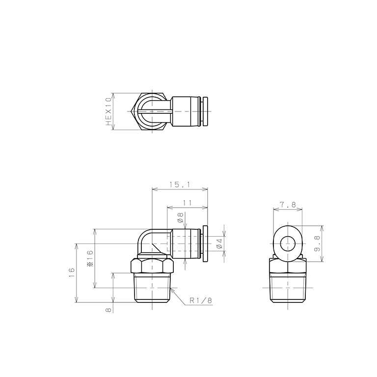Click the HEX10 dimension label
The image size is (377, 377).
[x=109, y=111]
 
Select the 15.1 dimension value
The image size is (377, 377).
[x=180, y=185]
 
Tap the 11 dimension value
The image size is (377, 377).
[x=188, y=203]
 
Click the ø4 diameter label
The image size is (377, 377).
[x=219, y=243]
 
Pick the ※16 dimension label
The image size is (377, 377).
[x=90, y=259]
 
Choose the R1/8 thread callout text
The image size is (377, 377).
[x=201, y=300]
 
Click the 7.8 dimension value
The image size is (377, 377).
[x=288, y=205]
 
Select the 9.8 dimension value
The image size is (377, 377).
[x=317, y=243]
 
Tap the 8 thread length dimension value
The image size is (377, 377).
[x=108, y=310]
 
